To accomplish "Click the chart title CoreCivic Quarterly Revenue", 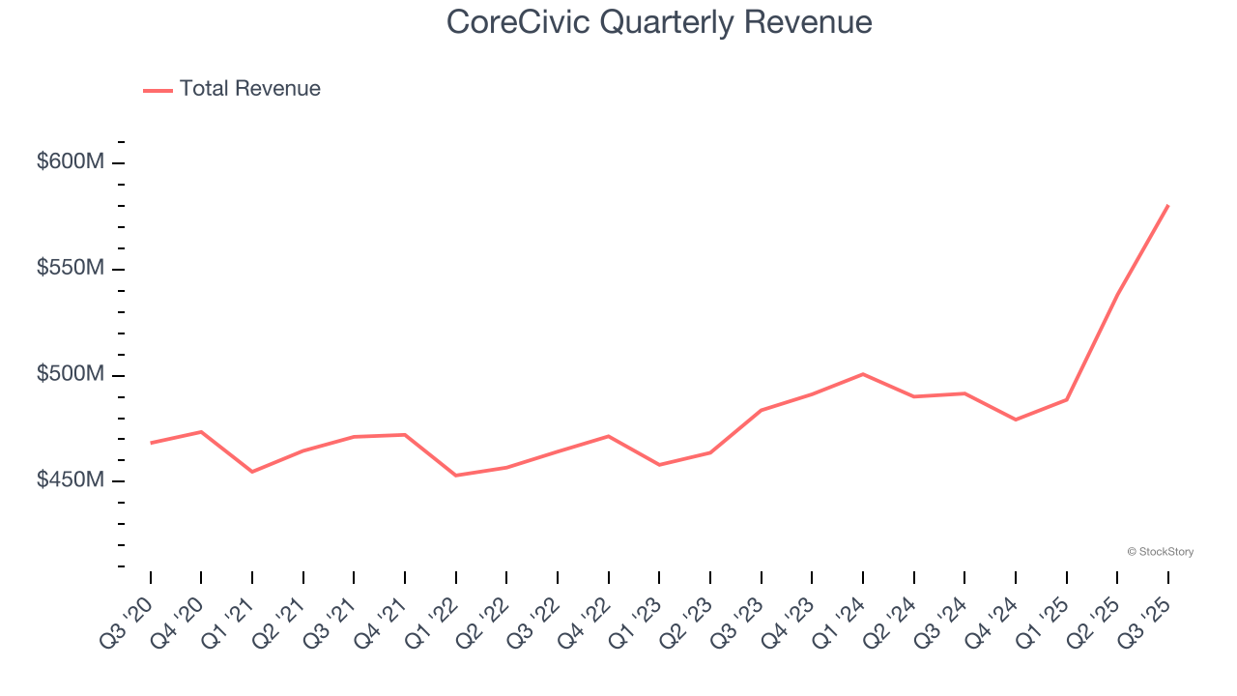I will pos(659,22).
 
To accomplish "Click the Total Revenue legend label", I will pos(249,89).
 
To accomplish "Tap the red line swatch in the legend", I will pos(158,90).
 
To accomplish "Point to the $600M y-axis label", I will pos(71,161).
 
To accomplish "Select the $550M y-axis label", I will pos(71,268).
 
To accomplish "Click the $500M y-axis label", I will pos(71,374).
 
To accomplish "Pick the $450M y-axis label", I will pos(71,480).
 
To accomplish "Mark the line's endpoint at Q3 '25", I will pos(1168,205).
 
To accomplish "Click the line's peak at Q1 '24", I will pos(863,374).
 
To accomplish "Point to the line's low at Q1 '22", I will pos(456,476).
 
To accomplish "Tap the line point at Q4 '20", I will pos(201,431).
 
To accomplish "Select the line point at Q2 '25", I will pos(1117,295).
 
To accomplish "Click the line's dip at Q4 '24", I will pos(1016,420).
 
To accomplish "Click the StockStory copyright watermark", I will pos(1160,552).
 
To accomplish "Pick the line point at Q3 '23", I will pos(762,410).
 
